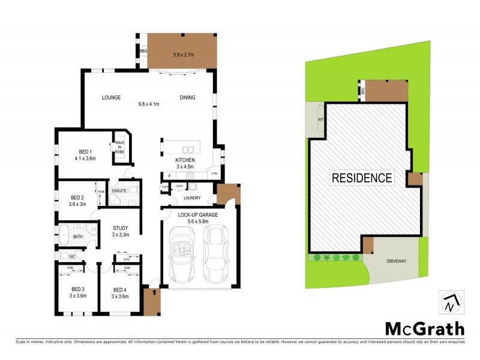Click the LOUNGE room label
pos(111,98)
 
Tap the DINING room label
pos(187,98)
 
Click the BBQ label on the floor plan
pos(143,52)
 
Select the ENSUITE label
pos(119,190)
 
